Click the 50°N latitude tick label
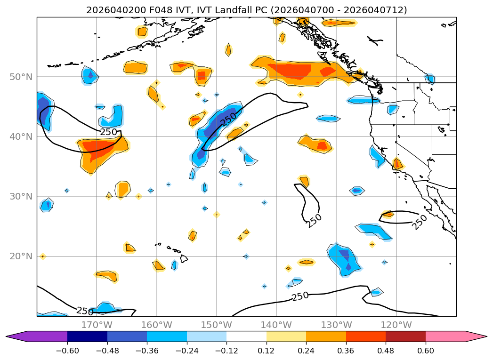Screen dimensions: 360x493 pos(21,77)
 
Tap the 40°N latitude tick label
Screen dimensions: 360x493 pos(21,136)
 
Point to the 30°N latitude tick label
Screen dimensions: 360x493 pos(21,196)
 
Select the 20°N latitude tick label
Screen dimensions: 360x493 pos(21,256)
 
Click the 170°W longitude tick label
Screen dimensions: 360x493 pos(97,325)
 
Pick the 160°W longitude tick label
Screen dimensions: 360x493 pos(156,325)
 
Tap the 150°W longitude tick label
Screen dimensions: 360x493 pos(216,325)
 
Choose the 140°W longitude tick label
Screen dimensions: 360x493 pos(276,325)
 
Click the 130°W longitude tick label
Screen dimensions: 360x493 pos(336,325)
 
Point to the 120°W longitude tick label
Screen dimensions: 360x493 pos(396,325)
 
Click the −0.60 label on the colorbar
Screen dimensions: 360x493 pos(67,350)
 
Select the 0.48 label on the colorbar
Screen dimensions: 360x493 pos(386,350)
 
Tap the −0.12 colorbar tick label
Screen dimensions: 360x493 pos(226,350)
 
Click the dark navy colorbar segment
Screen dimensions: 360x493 pos(87,336)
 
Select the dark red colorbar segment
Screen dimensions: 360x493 pos(405,336)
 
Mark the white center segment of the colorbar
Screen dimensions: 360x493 pos(246,336)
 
